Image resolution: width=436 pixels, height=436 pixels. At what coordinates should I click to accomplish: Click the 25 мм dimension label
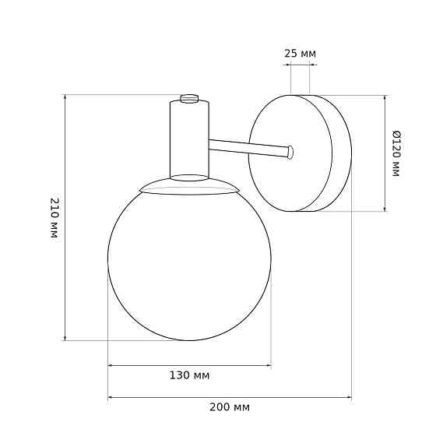click(x=300, y=54)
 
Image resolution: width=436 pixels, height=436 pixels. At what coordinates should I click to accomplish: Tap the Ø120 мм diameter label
click(x=396, y=153)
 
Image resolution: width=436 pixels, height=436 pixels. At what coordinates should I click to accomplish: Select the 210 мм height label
click(x=54, y=218)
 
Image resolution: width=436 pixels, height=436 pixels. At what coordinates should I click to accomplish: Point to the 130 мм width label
click(x=189, y=375)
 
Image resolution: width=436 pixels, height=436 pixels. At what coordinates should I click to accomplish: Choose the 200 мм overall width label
click(x=230, y=407)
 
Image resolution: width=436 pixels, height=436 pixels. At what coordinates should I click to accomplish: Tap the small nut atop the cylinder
click(x=189, y=98)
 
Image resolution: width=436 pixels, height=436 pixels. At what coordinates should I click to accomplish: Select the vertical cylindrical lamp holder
click(x=189, y=139)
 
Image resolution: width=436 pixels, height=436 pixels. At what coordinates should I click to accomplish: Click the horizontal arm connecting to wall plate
click(x=249, y=148)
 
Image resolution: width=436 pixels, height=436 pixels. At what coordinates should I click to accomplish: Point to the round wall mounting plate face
click(x=290, y=153)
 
